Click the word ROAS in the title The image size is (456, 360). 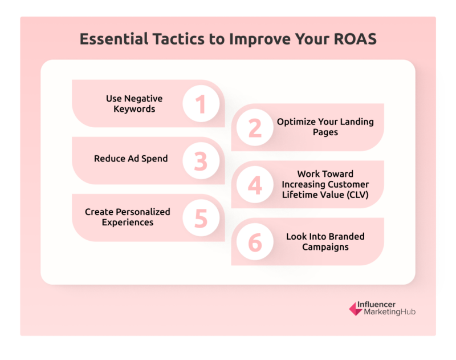coord(355,39)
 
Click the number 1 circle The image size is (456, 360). coord(201,104)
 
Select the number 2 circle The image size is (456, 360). coord(255,127)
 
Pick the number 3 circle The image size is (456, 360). coord(201,161)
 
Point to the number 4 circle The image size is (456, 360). coord(255,184)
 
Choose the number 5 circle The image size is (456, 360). coord(201,218)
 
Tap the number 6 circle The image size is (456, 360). coord(255,241)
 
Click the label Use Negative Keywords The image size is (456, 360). coord(134,104)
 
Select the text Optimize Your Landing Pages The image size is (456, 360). coord(325,127)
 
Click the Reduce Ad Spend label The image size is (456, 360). coord(131,159)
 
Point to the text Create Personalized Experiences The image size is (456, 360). coord(127,217)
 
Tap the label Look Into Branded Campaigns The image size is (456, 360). coord(325,241)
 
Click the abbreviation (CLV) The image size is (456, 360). coord(357,195)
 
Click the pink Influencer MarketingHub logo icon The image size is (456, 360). coord(356,309)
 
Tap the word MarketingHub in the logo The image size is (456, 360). coord(390,312)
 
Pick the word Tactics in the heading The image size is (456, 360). coord(178,39)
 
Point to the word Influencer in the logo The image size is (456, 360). coord(376,305)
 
